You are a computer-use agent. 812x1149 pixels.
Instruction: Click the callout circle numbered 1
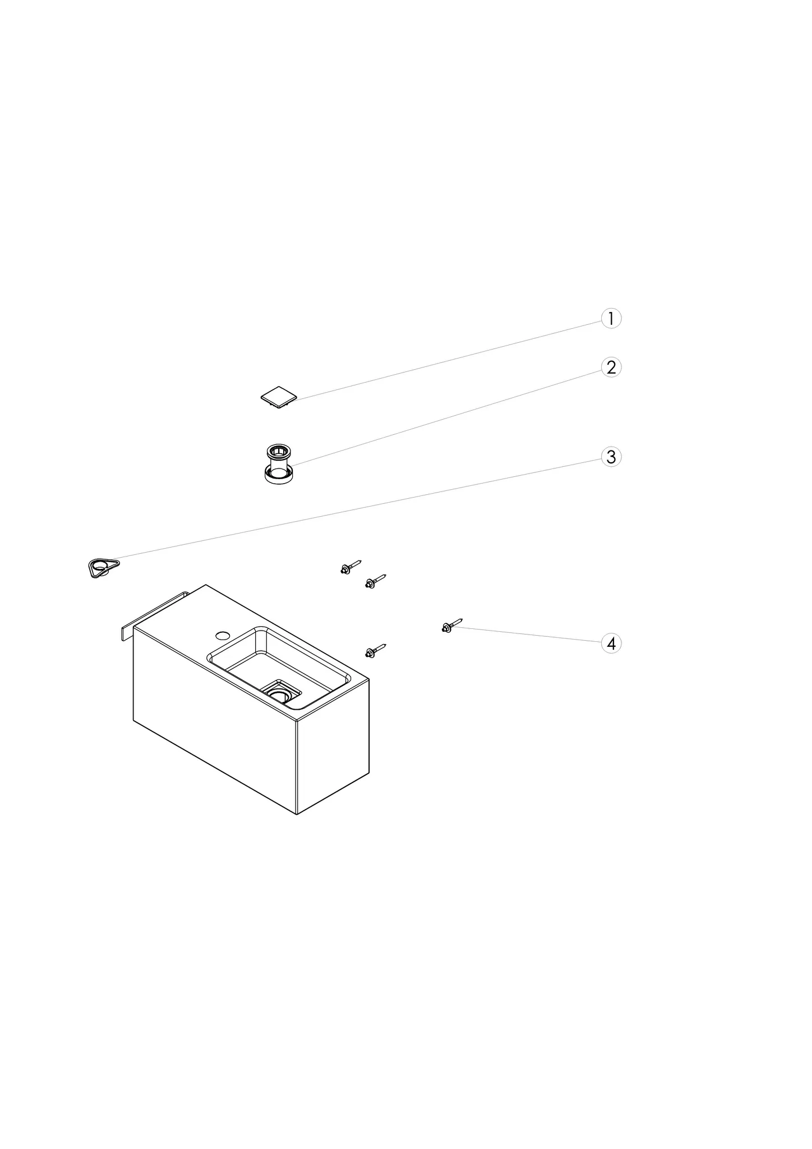point(611,319)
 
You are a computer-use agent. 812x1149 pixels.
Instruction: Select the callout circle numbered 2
point(611,367)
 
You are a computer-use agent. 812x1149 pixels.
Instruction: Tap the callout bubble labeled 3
point(611,457)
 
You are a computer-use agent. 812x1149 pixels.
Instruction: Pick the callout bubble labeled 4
point(611,643)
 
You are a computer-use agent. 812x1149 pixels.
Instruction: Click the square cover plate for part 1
point(279,397)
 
